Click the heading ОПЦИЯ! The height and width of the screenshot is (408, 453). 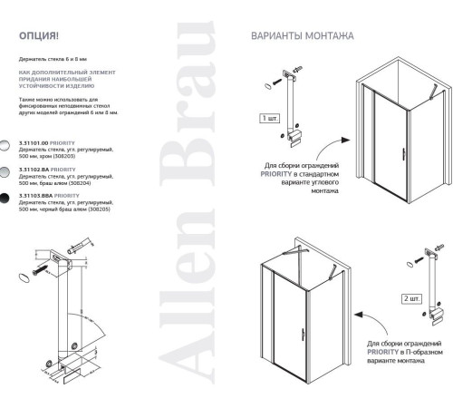(x=40, y=37)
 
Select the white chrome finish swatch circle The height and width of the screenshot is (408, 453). (x=6, y=144)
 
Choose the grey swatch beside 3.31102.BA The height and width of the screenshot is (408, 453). (x=6, y=170)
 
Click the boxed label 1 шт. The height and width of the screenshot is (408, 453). (x=269, y=118)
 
